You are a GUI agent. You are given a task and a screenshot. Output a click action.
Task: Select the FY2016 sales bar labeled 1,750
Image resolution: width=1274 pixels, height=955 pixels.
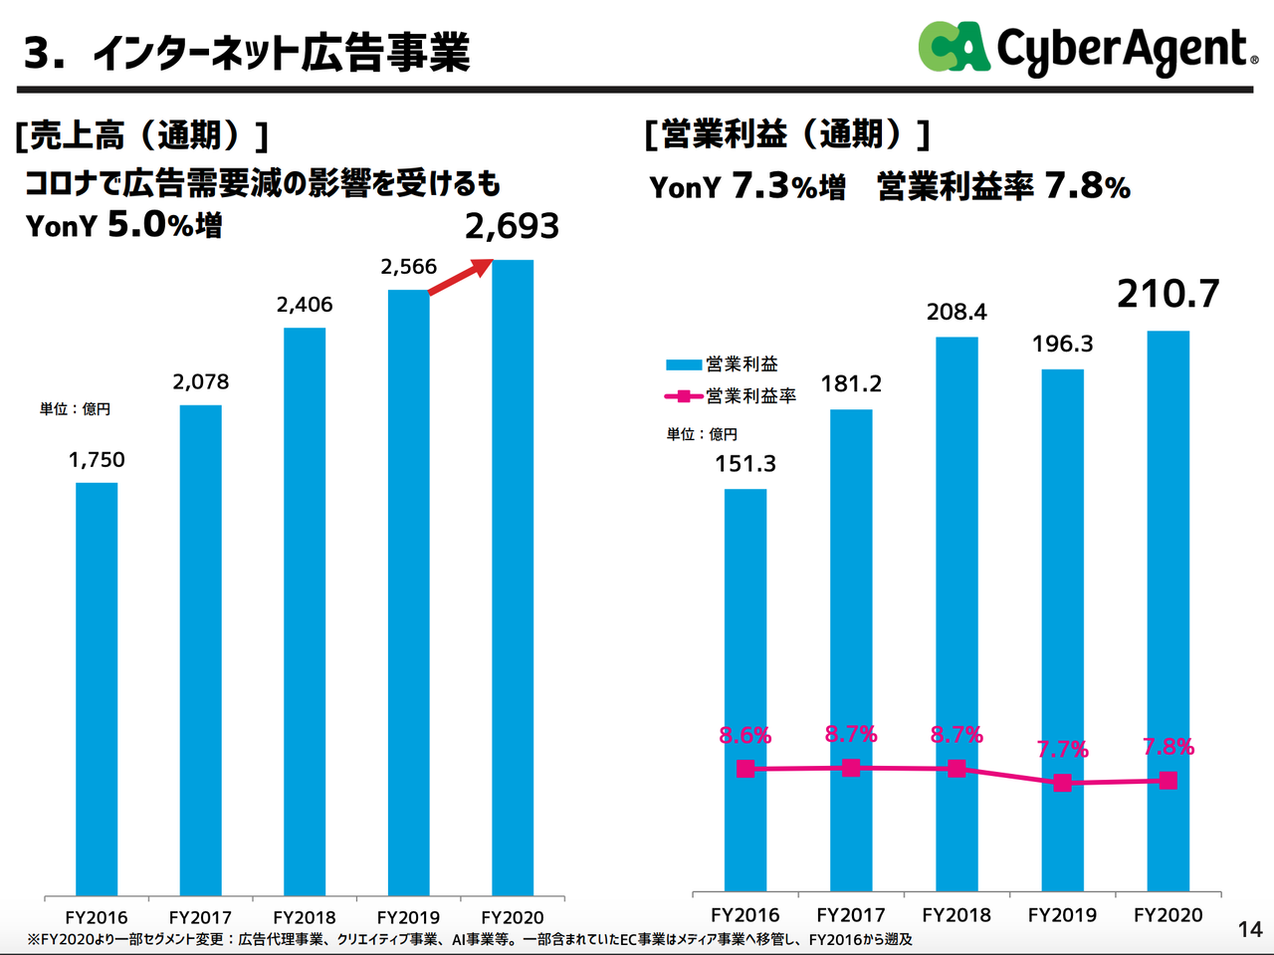[97, 687]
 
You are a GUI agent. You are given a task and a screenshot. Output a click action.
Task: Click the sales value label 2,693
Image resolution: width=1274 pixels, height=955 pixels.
[512, 227]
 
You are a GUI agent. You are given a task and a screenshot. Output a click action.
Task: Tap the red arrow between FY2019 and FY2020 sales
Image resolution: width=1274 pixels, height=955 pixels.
[461, 276]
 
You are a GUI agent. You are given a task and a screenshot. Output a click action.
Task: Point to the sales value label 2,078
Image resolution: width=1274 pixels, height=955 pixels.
[201, 381]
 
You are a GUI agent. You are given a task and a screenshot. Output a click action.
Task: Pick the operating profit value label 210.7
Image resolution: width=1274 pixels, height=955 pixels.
[1168, 294]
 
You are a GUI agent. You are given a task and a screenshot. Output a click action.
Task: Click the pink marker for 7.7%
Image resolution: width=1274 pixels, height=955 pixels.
[1062, 783]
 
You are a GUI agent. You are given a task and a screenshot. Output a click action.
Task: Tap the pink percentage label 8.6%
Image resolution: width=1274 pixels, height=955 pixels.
[744, 735]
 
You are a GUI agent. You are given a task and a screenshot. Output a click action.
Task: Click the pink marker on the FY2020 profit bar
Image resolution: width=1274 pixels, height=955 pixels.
[1168, 781]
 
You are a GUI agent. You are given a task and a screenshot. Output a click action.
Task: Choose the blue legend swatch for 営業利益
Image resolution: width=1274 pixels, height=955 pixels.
[684, 364]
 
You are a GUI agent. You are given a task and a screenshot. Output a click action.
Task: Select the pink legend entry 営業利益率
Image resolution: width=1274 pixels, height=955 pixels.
[732, 396]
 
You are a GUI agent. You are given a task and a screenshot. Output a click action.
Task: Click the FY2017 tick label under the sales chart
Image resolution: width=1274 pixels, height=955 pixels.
[200, 917]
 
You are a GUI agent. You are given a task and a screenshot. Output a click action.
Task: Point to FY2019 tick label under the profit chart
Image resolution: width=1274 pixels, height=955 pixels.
[1062, 914]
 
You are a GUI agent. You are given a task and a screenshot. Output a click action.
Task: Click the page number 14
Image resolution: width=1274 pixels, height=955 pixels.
[1250, 929]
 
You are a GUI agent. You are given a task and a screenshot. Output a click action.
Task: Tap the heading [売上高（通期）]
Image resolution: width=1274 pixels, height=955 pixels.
[141, 134]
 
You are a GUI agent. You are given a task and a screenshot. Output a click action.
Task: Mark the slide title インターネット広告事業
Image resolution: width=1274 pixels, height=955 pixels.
[281, 53]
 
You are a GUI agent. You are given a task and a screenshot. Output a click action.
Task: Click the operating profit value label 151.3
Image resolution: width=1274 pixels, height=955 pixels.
[744, 463]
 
